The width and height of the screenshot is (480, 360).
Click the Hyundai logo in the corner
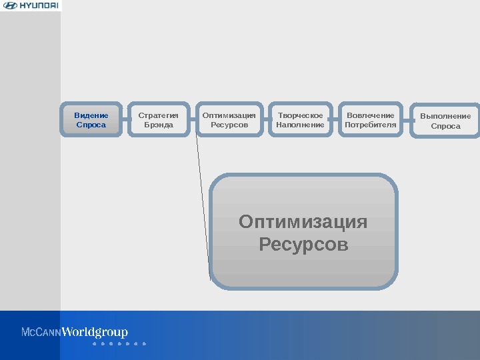coord(31,6)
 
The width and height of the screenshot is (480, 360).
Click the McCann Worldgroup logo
coord(75,332)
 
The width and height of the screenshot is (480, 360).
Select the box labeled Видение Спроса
coord(91,120)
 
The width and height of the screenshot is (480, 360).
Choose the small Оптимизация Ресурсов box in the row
coord(229,120)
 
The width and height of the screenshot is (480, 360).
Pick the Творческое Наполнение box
coord(300,120)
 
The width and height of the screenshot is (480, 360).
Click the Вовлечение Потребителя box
coord(371,120)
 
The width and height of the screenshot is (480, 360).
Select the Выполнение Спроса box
coord(445,121)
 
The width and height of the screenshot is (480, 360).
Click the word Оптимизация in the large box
coord(303,221)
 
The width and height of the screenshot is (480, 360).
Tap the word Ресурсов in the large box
coord(303,245)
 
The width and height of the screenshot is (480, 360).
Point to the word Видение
coord(91,115)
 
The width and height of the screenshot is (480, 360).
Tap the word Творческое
coord(300,115)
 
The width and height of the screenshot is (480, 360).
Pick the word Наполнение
coord(300,125)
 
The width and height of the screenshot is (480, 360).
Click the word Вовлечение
coord(371,115)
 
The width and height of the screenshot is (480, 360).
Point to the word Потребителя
coord(371,125)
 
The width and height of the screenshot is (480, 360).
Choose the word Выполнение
coord(445,116)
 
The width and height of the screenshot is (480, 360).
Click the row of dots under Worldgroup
coord(119,345)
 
